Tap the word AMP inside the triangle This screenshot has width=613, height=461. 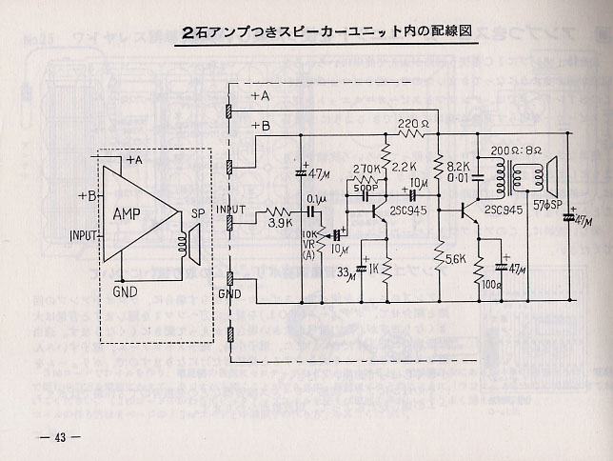tap(131, 212)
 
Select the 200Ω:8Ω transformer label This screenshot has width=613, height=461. tap(517, 150)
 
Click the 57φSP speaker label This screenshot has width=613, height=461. tap(548, 206)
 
